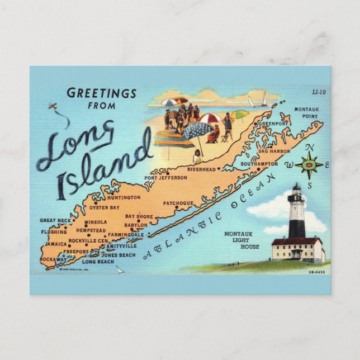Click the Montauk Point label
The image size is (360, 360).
tap(306, 112)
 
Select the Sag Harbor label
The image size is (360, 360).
tap(272, 151)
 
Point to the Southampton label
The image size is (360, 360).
tap(259, 164)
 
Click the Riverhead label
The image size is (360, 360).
tap(202, 169)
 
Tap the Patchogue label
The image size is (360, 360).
tap(179, 203)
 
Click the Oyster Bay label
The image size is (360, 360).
tap(105, 207)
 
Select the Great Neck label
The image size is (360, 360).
tap(55, 220)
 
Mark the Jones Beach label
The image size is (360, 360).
tap(118, 255)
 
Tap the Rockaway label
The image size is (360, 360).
tap(53, 259)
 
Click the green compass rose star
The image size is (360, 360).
tap(309, 165)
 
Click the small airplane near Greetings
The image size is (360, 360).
tap(53, 106)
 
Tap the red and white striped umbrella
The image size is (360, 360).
tap(210, 118)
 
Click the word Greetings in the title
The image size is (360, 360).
tap(101, 92)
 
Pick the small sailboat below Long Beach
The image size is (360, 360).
tap(119, 269)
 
